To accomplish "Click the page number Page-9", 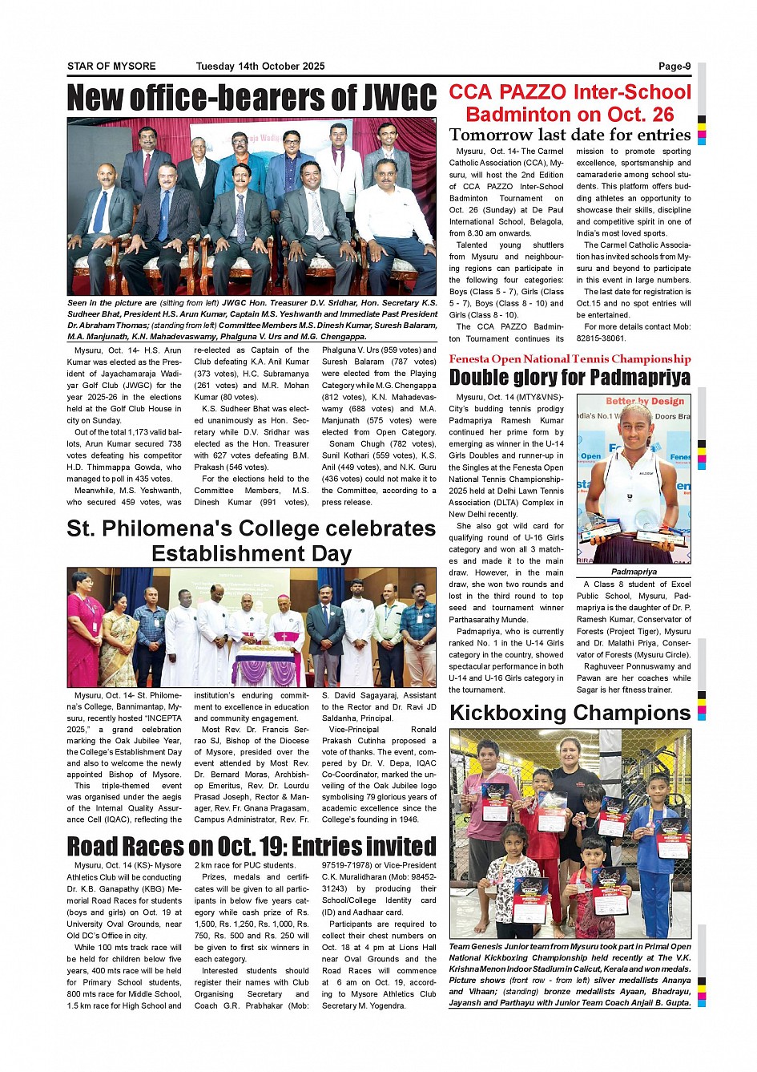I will [674, 67].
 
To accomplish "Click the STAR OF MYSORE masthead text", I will [111, 67].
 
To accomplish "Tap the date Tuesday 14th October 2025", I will [260, 67].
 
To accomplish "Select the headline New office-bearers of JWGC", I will [252, 98].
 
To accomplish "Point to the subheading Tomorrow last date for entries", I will [570, 135].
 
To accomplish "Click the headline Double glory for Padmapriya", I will [570, 377].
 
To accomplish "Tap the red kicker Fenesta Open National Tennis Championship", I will [570, 359].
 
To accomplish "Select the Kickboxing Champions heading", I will [570, 713].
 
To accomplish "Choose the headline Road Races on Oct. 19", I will [252, 846].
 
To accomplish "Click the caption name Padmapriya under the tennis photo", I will [634, 572].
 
